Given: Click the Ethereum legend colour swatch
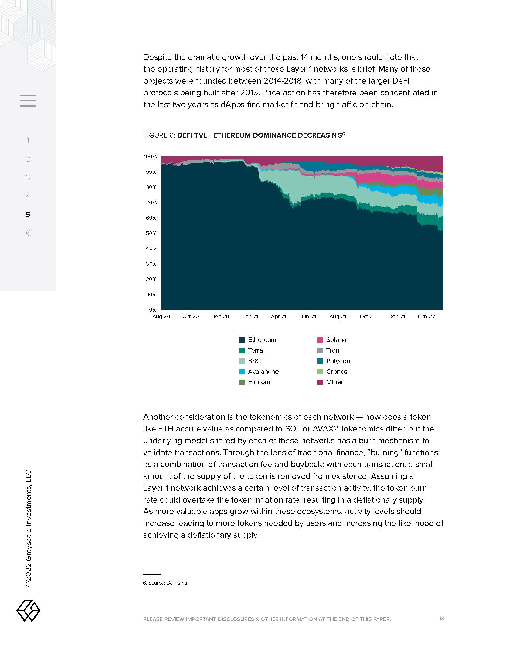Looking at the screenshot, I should click(242, 340).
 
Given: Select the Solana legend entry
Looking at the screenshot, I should click(336, 340).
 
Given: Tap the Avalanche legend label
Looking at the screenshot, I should click(263, 372).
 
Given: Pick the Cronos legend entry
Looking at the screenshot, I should click(336, 372).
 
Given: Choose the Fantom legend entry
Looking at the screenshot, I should click(259, 382).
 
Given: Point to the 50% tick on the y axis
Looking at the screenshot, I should click(151, 233).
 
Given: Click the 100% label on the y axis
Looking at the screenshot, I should click(150, 157).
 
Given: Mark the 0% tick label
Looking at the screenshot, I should click(153, 310).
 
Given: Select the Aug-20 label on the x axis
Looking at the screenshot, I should click(161, 317).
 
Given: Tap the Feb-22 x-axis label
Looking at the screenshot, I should click(426, 317).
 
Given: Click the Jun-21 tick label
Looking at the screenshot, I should click(308, 317).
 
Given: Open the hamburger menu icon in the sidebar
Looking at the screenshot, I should click(28, 101).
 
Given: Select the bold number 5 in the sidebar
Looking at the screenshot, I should click(28, 214).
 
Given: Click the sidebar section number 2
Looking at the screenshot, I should click(28, 159).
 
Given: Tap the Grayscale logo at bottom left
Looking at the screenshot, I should click(28, 611).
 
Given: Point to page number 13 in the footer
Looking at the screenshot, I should click(441, 619).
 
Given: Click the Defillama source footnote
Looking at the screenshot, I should click(165, 583).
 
